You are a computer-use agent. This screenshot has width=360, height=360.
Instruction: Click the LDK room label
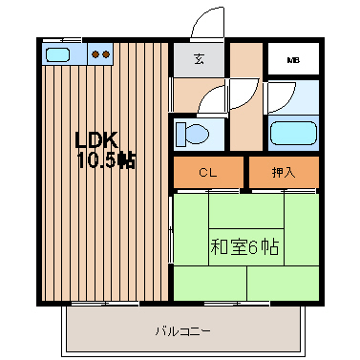(x=96, y=139)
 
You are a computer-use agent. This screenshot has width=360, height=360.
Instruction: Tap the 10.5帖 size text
(x=106, y=160)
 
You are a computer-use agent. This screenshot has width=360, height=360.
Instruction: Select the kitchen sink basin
(x=57, y=54)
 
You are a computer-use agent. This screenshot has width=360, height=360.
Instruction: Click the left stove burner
(x=95, y=54)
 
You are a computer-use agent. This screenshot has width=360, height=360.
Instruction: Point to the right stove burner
(x=106, y=54)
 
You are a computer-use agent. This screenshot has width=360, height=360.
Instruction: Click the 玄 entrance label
(x=200, y=59)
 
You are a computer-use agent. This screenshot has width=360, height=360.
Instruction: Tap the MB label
(x=293, y=60)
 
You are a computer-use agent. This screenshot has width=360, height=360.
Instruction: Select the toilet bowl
(x=197, y=134)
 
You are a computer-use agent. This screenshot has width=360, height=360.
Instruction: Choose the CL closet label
(x=208, y=173)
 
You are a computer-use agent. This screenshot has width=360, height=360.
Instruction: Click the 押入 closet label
(x=284, y=172)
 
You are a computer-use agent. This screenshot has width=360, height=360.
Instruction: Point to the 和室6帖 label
(x=244, y=247)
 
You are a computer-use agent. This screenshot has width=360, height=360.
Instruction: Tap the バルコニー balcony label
(x=183, y=332)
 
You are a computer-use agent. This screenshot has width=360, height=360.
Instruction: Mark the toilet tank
(x=180, y=134)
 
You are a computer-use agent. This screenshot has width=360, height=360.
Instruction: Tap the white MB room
(x=293, y=58)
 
